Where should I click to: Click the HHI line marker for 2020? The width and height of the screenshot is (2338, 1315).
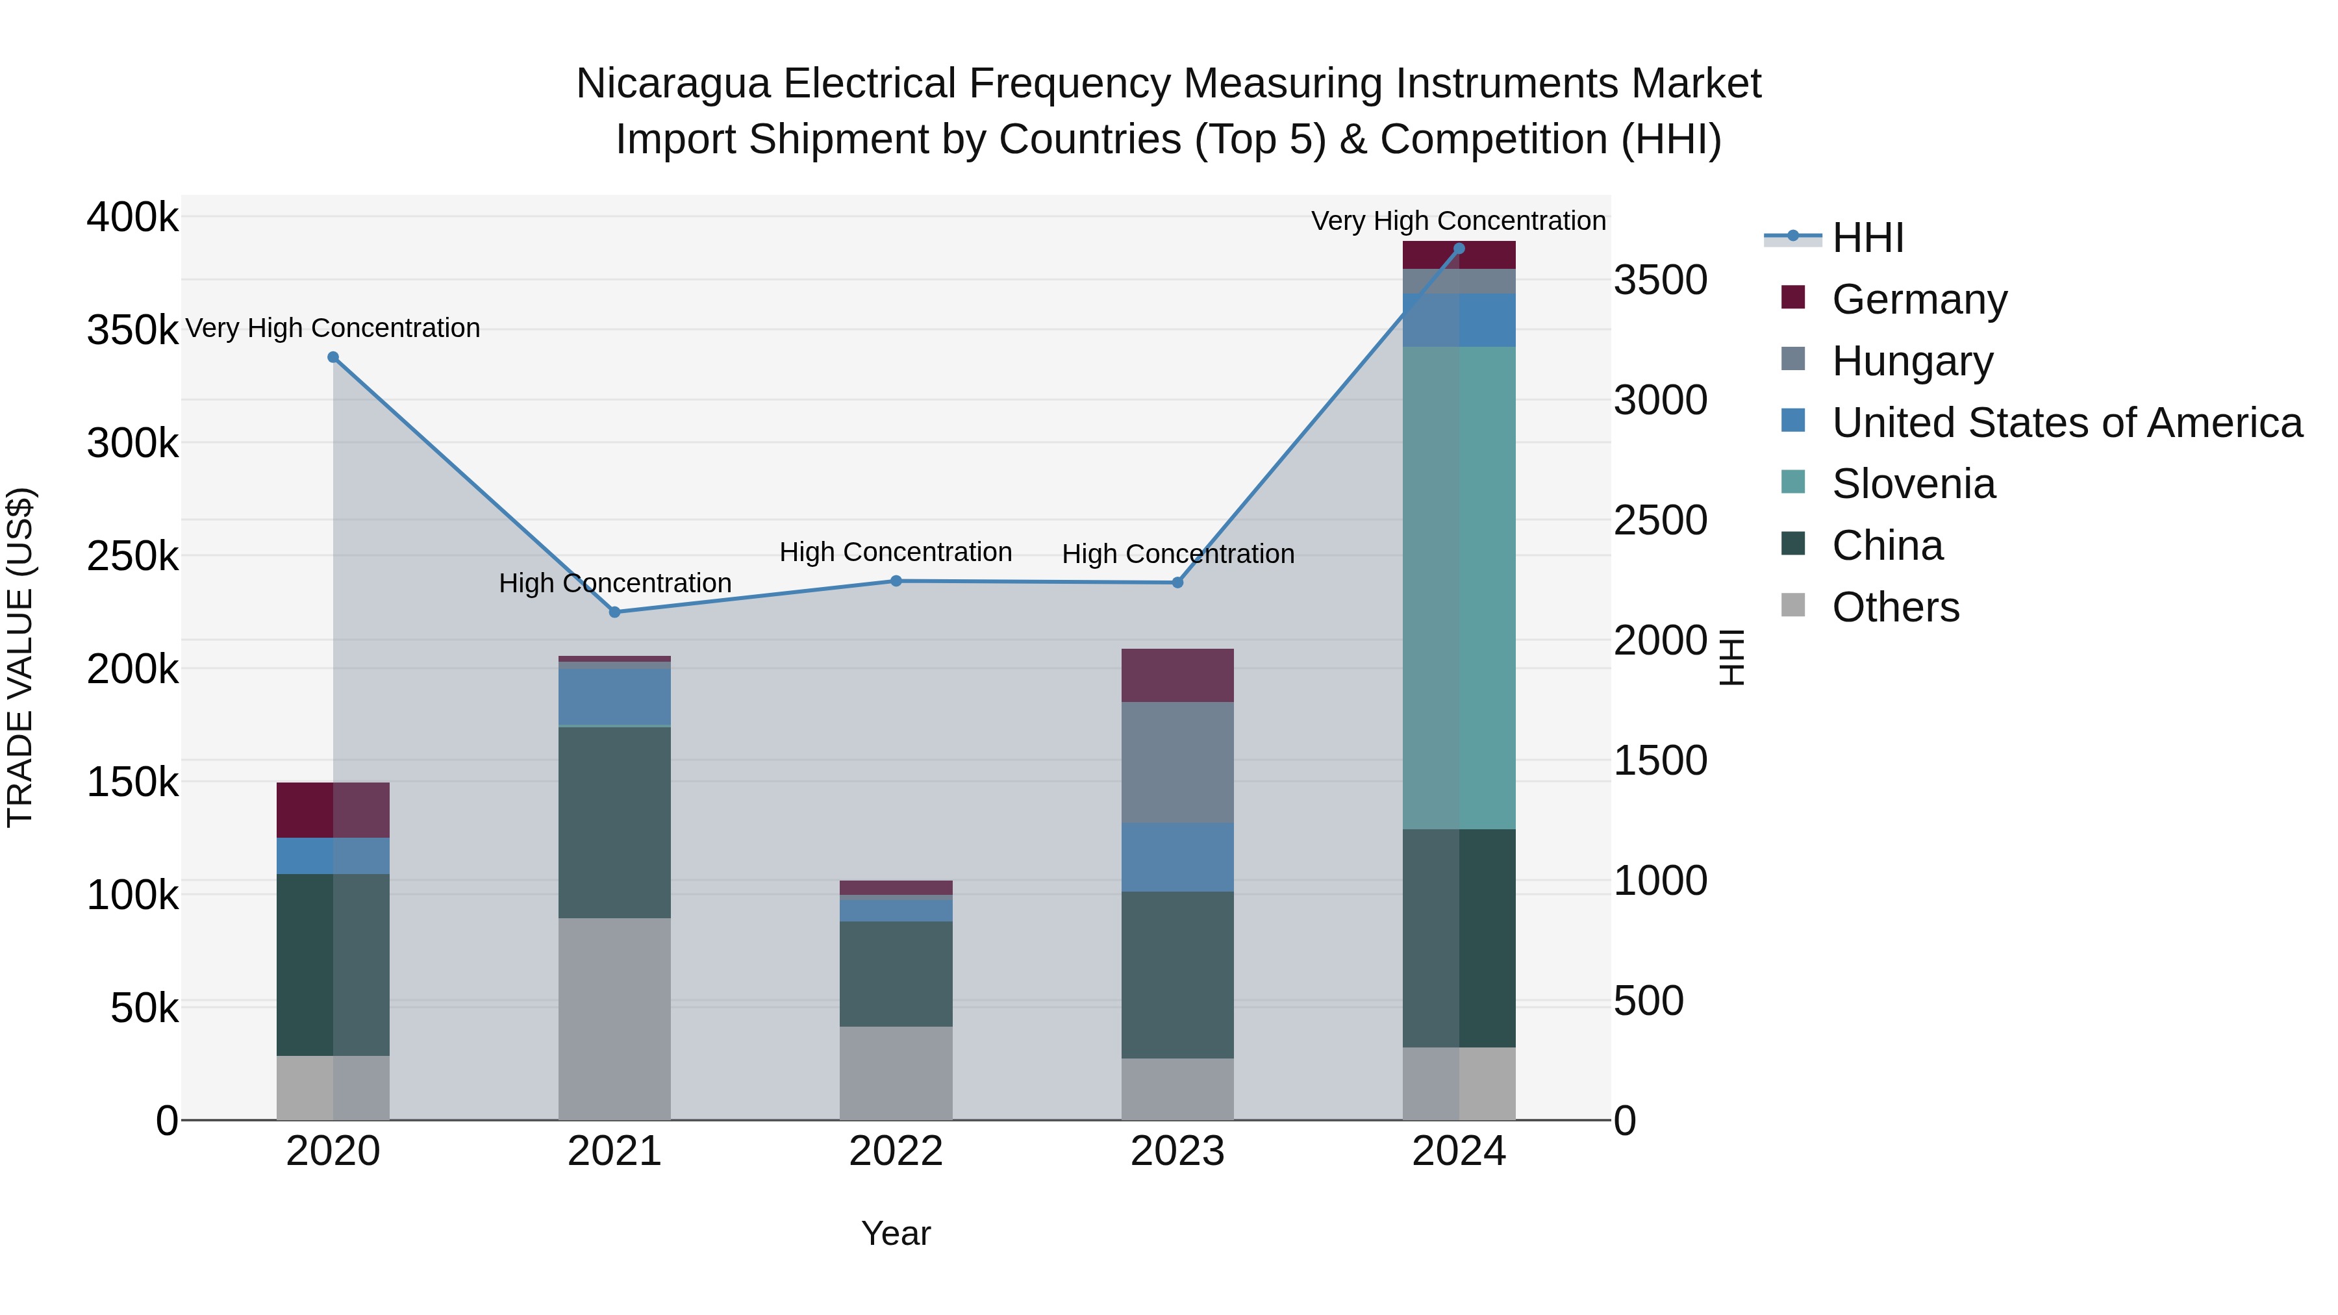[x=333, y=358]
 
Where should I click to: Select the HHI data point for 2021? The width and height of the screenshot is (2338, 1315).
[x=614, y=612]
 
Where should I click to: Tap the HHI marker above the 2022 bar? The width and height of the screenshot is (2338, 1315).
[x=896, y=581]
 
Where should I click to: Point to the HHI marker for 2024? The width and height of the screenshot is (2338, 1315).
[x=1459, y=249]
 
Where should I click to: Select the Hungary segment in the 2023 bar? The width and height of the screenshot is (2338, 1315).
[x=1177, y=762]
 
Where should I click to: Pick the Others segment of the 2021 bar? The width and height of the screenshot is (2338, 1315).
[x=614, y=1018]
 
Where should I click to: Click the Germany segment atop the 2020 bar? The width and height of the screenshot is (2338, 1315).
[x=333, y=810]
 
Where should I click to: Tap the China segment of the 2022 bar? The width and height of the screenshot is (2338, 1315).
[x=896, y=974]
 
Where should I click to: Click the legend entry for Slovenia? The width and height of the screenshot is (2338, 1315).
[x=1913, y=484]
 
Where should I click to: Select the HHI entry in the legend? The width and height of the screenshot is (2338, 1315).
[x=1867, y=238]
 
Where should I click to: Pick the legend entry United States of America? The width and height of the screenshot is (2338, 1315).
[x=2067, y=423]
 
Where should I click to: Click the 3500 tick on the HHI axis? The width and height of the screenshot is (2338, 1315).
[x=1660, y=281]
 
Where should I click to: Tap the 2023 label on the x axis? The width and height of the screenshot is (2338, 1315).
[x=1177, y=1151]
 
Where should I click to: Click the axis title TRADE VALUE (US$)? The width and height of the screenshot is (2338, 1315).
[x=20, y=657]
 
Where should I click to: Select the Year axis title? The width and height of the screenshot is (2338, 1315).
[x=896, y=1233]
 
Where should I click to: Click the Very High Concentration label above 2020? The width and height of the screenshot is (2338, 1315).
[x=333, y=328]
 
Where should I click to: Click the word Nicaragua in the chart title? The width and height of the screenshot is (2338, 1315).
[x=673, y=84]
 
